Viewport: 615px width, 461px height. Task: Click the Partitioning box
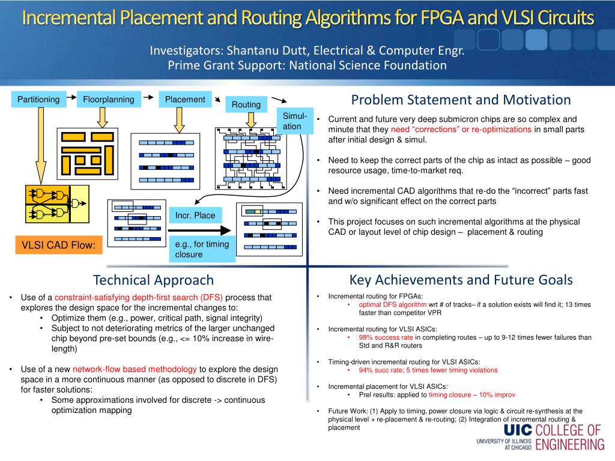38,100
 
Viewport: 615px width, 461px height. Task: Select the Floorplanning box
109,100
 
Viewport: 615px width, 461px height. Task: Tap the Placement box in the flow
185,100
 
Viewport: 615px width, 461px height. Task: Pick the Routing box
246,105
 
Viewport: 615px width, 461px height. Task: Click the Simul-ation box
295,121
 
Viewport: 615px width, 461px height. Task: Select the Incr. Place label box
195,215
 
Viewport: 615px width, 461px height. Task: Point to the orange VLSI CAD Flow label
59,244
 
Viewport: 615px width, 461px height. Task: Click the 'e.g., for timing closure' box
203,249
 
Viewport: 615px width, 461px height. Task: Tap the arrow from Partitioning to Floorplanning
71,97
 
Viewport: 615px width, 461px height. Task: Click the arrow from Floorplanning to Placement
150,96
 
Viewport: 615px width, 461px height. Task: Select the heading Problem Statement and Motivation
461,100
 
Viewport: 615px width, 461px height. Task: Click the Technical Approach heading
153,280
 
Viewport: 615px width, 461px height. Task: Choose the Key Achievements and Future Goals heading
461,280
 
